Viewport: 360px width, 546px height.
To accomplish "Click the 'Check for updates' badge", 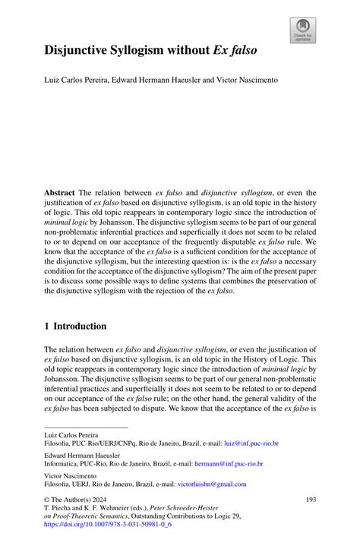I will pos(303,30).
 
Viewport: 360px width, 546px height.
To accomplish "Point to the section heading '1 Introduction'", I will pos(75,326).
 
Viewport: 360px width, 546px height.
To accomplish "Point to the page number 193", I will pos(310,499).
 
